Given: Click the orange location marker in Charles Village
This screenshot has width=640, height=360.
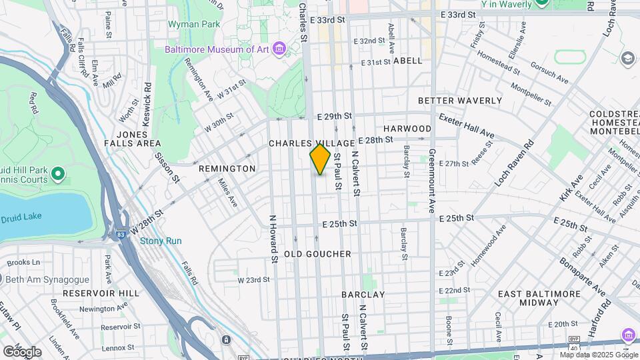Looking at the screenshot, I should [x=320, y=159].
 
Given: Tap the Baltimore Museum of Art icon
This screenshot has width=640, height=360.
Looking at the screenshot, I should [x=279, y=49].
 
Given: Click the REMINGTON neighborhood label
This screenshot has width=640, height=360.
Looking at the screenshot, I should [x=227, y=169].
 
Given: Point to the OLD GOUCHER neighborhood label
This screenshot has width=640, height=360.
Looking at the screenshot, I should [x=317, y=255].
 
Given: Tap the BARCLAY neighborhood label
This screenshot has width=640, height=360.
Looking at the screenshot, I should [x=363, y=294].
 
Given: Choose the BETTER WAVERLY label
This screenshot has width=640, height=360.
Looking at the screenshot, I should [x=459, y=101].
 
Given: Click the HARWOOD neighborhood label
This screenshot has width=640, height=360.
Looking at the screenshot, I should [x=407, y=128].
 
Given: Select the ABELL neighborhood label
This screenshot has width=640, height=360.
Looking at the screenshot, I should [x=408, y=61].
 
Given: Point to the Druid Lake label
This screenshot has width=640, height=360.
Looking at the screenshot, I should [x=21, y=219].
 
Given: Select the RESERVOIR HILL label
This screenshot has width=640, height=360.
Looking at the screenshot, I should [x=101, y=293].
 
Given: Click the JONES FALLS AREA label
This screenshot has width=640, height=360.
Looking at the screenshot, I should [x=132, y=139].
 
